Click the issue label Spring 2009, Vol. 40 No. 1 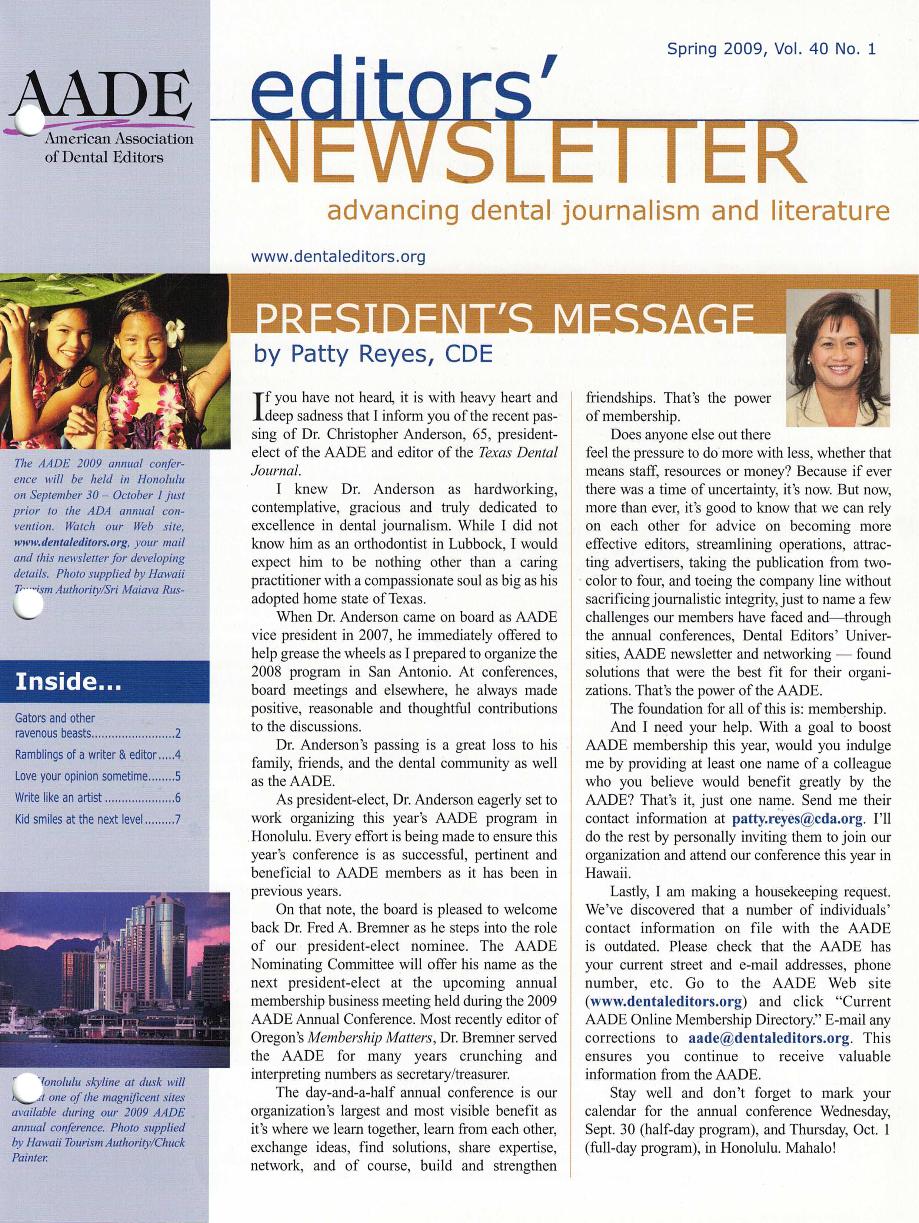click(x=771, y=49)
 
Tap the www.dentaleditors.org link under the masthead click(x=338, y=256)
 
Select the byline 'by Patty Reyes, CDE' click(x=373, y=354)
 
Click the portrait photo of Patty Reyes click(x=838, y=358)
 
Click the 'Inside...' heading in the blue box click(x=68, y=681)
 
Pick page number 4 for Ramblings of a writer click(x=177, y=755)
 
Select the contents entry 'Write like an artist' click(x=59, y=797)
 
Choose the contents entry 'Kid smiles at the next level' click(x=79, y=819)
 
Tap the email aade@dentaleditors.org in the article click(x=769, y=1038)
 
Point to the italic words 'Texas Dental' click(x=518, y=453)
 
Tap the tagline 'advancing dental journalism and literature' click(x=608, y=211)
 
